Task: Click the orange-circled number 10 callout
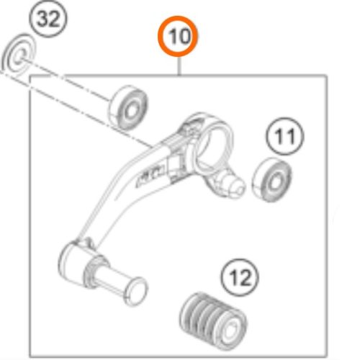pos(178,36)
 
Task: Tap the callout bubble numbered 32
pos(48,19)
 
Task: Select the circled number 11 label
pos(285,136)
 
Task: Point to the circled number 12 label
pos(240,278)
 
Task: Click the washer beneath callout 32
pos(19,55)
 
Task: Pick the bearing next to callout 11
pos(271,180)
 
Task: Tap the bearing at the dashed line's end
pos(128,107)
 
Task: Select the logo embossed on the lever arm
pos(151,174)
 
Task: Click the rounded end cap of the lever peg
pos(135,292)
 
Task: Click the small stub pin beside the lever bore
pos(233,184)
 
